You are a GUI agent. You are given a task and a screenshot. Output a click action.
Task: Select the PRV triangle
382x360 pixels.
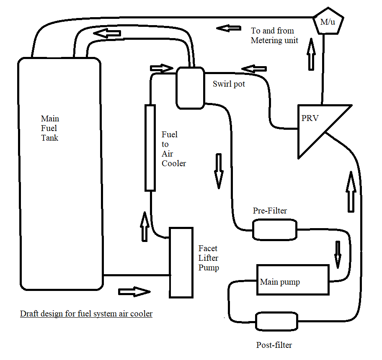coord(316,128)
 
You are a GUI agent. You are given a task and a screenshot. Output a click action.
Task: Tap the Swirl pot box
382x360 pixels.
coord(190,87)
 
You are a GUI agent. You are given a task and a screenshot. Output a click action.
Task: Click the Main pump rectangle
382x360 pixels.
coord(292,280)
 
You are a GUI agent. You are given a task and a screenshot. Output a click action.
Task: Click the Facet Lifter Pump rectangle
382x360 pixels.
coord(181,262)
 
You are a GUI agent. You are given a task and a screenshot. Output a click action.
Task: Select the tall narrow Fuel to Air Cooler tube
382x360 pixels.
coord(150,148)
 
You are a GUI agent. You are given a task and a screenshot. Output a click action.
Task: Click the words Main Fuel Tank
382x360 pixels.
coord(49,128)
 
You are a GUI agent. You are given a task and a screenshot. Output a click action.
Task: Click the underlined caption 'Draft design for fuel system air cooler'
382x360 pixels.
coord(86,314)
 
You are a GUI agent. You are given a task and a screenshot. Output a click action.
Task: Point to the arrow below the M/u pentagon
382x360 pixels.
coord(311,54)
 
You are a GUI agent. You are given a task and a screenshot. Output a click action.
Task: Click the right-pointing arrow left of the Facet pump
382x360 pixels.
coord(134,291)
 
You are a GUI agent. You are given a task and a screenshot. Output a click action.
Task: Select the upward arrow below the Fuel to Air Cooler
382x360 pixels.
coord(145,226)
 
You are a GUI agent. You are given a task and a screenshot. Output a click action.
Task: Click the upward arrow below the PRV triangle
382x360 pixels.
coord(351,190)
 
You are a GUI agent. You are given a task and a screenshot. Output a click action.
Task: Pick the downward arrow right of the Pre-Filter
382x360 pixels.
coord(338,253)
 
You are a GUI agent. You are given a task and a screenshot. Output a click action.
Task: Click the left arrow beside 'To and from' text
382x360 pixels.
coord(228,28)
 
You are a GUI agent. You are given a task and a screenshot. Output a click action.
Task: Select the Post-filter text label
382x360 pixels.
coord(274,345)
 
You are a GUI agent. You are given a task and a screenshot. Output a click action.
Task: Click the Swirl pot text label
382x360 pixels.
coord(229,84)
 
